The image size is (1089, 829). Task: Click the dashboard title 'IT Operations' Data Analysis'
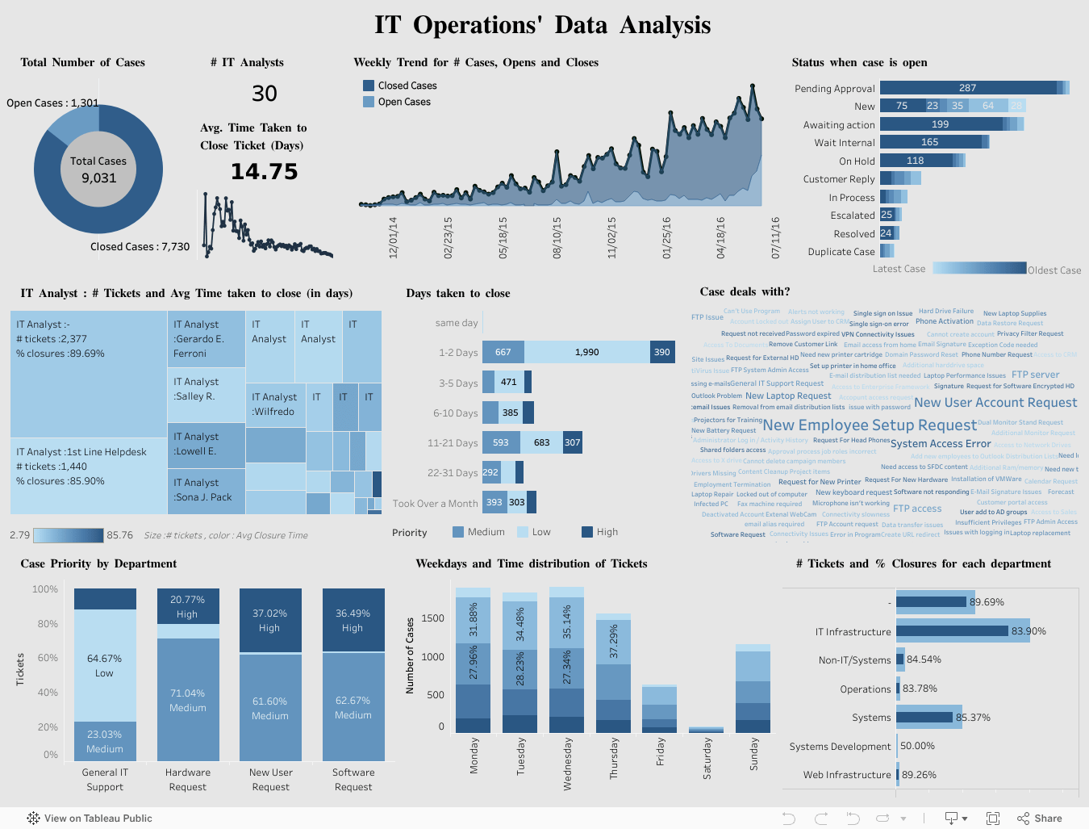tap(542, 26)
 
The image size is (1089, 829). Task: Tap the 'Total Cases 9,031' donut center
tap(98, 170)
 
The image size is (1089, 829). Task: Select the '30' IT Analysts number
tap(265, 94)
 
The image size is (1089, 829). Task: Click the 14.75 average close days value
tap(264, 172)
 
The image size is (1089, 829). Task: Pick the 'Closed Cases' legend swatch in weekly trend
tap(369, 86)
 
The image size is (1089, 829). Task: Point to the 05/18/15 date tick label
tap(503, 237)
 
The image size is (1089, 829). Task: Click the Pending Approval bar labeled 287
tap(967, 88)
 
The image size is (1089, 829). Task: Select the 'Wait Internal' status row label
tap(844, 143)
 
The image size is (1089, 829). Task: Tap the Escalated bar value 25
tap(887, 216)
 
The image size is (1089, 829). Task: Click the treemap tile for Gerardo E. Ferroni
tap(206, 339)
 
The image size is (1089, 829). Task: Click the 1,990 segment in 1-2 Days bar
tap(586, 352)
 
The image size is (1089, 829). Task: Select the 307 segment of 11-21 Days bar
tap(572, 442)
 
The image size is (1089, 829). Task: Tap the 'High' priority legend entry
tap(600, 532)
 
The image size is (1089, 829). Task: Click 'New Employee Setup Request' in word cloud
tap(870, 425)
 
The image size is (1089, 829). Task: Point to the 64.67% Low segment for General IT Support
tap(105, 665)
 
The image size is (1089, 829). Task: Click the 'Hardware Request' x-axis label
tap(188, 779)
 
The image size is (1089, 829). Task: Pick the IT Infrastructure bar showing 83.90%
tap(952, 631)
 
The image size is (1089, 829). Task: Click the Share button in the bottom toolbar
tap(1040, 818)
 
